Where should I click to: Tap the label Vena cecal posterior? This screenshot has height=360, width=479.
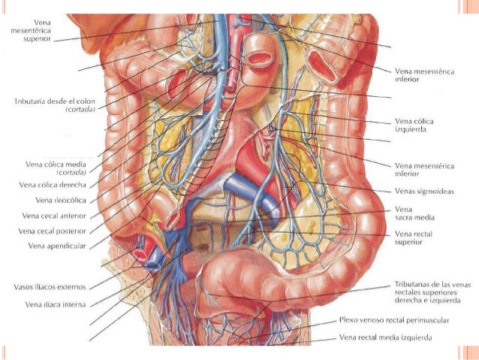coord(54,231)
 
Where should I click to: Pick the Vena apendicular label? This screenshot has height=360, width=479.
coord(56,246)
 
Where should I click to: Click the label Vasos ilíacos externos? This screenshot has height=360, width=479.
coord(50,286)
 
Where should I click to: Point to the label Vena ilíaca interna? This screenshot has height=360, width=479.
coord(55,304)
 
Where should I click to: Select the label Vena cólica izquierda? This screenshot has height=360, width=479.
coord(414,125)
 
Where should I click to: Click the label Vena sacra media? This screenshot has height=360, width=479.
coord(414,213)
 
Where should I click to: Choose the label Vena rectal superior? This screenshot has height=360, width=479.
coord(414,238)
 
